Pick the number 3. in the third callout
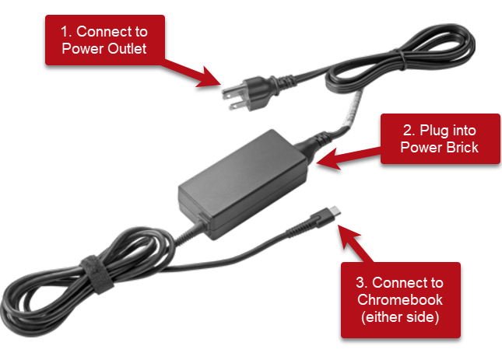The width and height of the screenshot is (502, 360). pos(363,281)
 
